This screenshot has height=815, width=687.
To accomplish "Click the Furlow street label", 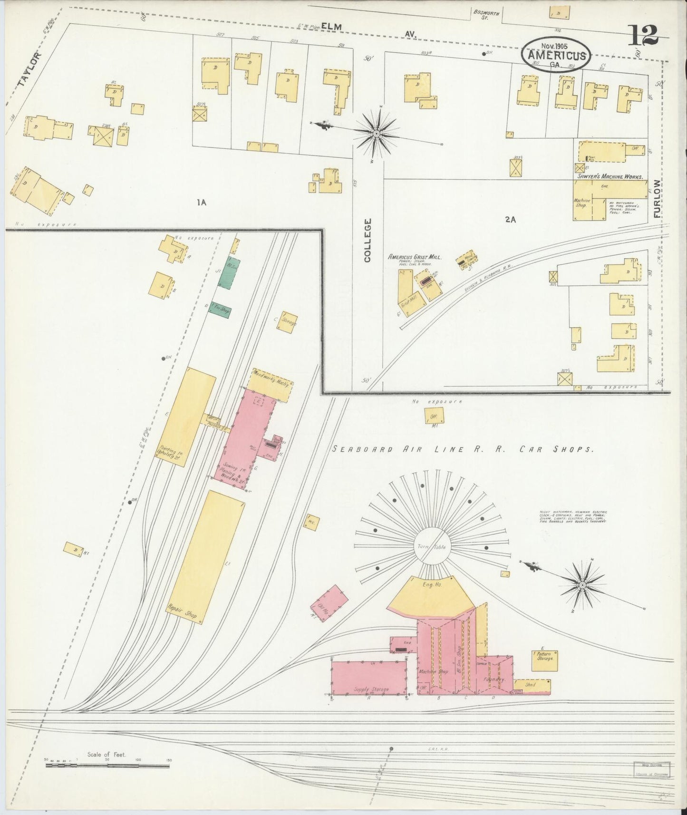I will tap(658, 198).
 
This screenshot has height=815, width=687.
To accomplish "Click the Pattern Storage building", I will tap(544, 661).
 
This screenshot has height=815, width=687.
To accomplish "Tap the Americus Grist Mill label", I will tap(415, 256).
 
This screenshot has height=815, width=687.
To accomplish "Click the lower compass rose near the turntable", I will tap(582, 583).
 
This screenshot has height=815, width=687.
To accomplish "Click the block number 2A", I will tap(511, 220).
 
